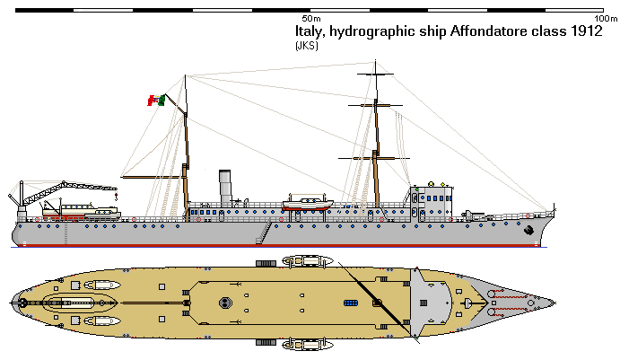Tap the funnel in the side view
pos(225,186)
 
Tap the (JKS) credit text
pos(306,46)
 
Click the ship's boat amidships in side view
pos(308,204)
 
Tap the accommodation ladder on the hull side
pos(264,233)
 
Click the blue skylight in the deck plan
pos(350,303)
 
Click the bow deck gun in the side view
pos(474,214)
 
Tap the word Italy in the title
pos(310,31)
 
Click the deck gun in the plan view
pos(492,303)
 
